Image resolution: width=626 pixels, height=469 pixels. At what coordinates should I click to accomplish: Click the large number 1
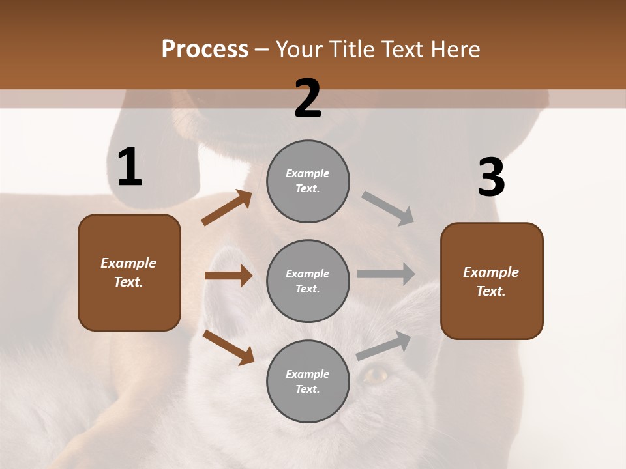130,167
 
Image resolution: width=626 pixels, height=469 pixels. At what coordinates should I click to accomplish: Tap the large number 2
308,98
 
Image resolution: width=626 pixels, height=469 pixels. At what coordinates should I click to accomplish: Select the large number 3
491,178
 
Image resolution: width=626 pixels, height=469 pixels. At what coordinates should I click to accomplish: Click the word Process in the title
205,49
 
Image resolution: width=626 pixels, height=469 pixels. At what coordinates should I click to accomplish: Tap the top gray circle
308,181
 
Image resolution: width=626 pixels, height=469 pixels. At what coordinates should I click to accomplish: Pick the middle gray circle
308,281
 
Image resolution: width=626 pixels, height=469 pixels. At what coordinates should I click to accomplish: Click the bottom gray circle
308,382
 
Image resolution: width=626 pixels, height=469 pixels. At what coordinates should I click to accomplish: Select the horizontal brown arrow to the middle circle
228,276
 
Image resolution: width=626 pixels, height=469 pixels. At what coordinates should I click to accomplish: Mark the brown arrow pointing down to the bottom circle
228,347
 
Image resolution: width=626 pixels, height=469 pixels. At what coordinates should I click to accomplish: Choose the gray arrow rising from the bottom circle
383,345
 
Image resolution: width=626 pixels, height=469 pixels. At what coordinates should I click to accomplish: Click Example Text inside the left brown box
128,272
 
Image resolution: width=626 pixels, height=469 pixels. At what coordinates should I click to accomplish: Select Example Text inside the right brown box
491,281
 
